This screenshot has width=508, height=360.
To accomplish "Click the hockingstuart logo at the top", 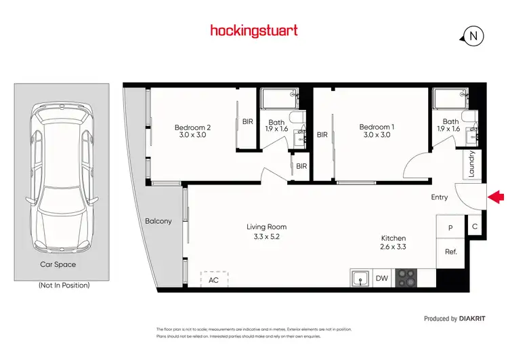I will tap(253, 31).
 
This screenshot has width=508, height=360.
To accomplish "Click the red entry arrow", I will tap(496, 197).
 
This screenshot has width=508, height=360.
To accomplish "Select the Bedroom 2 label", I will tap(193, 131).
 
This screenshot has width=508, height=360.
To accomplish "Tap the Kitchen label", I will tap(393, 243).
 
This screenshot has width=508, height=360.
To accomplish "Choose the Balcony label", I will tap(158, 221).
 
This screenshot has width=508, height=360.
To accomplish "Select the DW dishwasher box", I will tap(381, 278).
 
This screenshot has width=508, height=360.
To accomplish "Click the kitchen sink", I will tap(360, 278).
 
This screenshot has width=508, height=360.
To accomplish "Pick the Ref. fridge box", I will tap(450, 252).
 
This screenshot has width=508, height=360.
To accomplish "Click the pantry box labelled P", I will tap(450, 228).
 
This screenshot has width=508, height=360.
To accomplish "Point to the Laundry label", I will tap(472, 163).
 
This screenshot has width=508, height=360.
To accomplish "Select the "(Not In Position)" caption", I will tap(64, 285).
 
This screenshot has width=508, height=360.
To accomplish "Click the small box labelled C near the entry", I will tap(475, 226).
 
